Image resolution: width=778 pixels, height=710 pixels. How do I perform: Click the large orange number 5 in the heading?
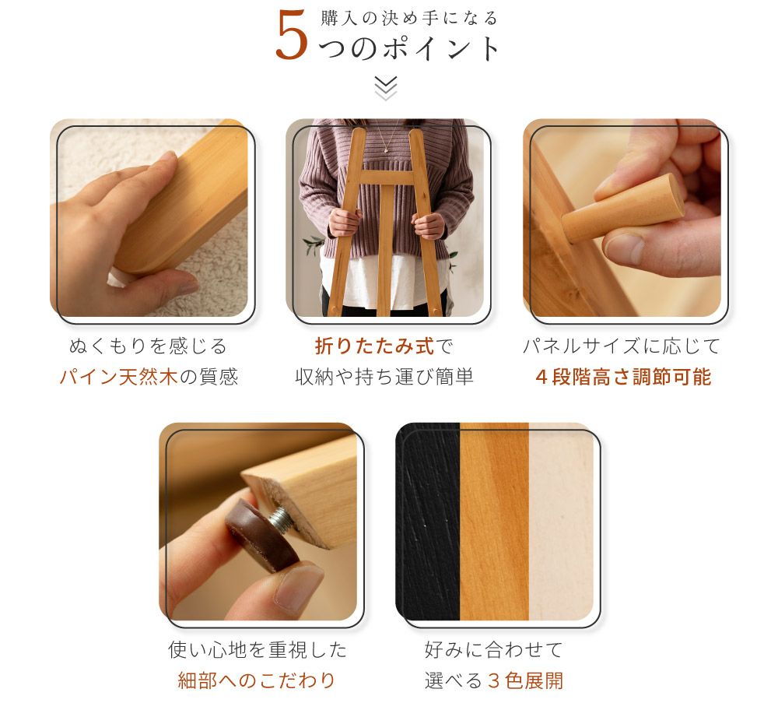click(x=291, y=35)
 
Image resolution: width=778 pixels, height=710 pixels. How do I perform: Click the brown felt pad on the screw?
click(x=261, y=536)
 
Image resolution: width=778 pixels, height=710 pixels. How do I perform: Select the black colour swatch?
click(x=428, y=522)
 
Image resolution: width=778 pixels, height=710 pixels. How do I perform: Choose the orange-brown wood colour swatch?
click(x=494, y=522)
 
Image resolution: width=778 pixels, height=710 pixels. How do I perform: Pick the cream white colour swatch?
click(x=561, y=522)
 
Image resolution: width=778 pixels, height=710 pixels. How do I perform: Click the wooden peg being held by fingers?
click(x=623, y=208)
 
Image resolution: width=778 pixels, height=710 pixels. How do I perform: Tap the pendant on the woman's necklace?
click(x=387, y=147)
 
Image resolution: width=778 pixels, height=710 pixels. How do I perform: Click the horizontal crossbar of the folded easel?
click(x=386, y=177)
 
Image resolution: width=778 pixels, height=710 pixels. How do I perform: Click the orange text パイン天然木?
click(x=118, y=377)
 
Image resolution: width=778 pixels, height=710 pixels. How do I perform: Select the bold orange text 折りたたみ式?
click(x=375, y=346)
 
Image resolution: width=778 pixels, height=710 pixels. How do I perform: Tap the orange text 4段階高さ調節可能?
click(x=624, y=377)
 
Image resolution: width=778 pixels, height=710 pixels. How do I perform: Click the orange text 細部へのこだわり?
click(x=257, y=680)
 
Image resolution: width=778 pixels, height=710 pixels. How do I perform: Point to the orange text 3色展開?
click(x=525, y=680)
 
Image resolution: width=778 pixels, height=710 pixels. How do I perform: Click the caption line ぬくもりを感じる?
click(x=149, y=346)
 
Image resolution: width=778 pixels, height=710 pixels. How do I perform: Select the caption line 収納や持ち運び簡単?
click(x=384, y=377)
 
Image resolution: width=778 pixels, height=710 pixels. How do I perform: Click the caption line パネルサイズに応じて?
click(x=622, y=346)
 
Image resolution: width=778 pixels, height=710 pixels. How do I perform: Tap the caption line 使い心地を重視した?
click(x=257, y=649)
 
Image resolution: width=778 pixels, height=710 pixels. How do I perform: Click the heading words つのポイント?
click(x=409, y=49)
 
